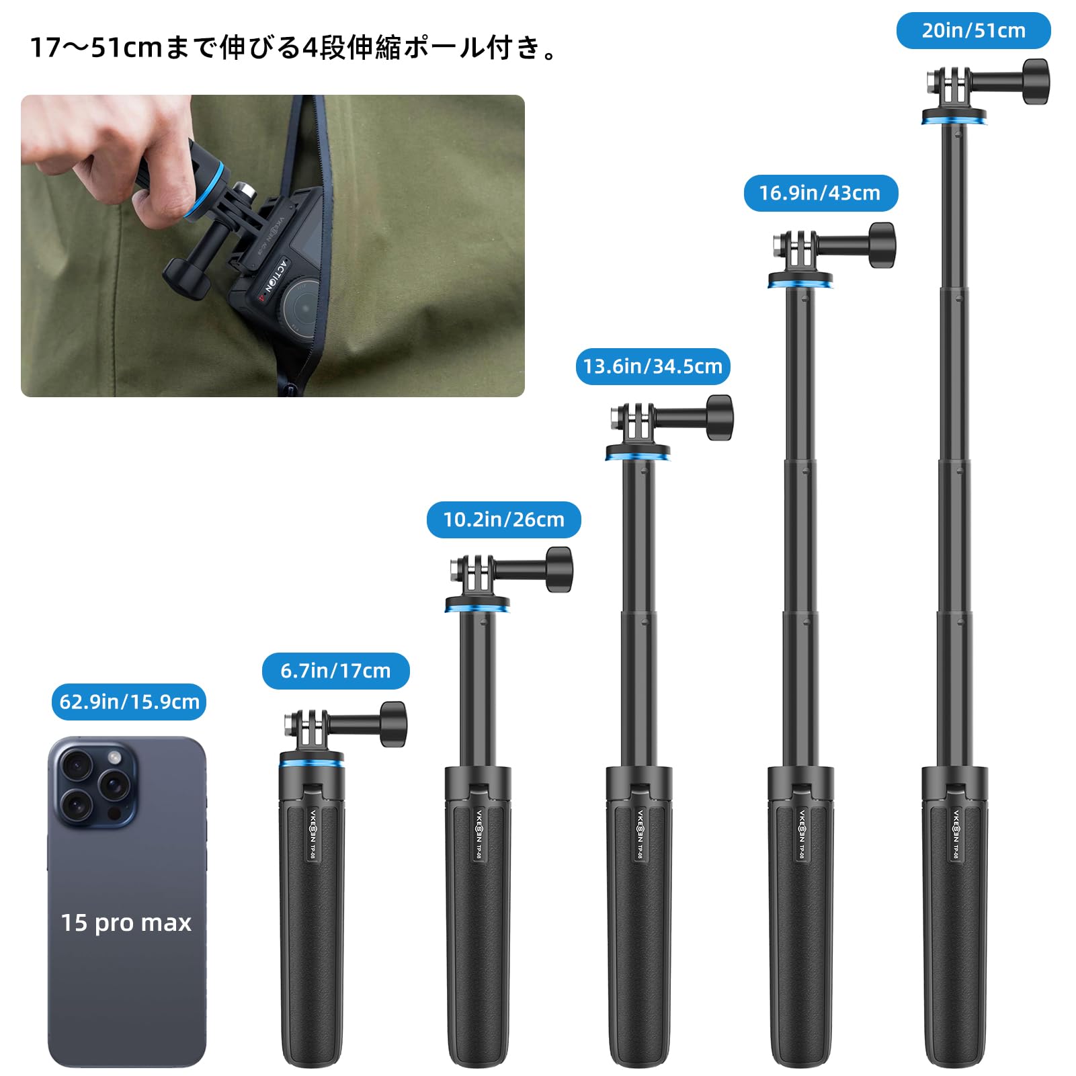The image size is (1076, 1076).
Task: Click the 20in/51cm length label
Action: pyautogui.click(x=972, y=31)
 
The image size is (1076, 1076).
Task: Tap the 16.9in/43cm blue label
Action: pyautogui.click(x=820, y=194)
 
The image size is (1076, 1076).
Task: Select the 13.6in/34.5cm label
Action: pyautogui.click(x=653, y=367)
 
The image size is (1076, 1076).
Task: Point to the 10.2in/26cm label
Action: pyautogui.click(x=503, y=520)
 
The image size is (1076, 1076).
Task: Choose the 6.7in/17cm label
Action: pyautogui.click(x=335, y=671)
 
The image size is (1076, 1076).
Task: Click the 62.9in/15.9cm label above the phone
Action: pyautogui.click(x=129, y=702)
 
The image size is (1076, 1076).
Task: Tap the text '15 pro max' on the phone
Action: pyautogui.click(x=126, y=923)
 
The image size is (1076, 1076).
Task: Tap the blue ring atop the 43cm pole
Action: pyautogui.click(x=800, y=283)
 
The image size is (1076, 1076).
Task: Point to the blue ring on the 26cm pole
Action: pyautogui.click(x=477, y=608)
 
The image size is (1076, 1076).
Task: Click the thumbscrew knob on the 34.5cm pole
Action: pyautogui.click(x=719, y=417)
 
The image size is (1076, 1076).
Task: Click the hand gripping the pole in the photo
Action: pyautogui.click(x=134, y=161)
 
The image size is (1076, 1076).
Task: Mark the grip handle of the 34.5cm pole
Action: pyautogui.click(x=638, y=941)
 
